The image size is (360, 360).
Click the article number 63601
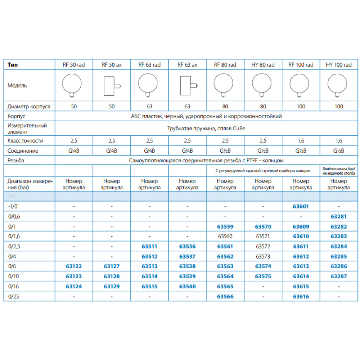point(301,207)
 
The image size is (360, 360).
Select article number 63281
point(338,217)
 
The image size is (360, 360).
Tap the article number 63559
point(225,227)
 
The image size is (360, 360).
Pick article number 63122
point(74,266)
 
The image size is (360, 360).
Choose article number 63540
point(187,287)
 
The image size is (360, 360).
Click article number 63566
point(225,297)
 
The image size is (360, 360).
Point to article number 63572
point(263,247)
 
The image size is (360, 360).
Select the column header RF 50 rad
point(74,65)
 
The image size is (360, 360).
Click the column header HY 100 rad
point(338,65)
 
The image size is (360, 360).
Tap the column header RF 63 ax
point(187,65)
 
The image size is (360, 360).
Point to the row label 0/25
point(14,297)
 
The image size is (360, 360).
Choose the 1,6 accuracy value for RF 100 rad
point(301,141)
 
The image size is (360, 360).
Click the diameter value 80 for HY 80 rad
point(263,107)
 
